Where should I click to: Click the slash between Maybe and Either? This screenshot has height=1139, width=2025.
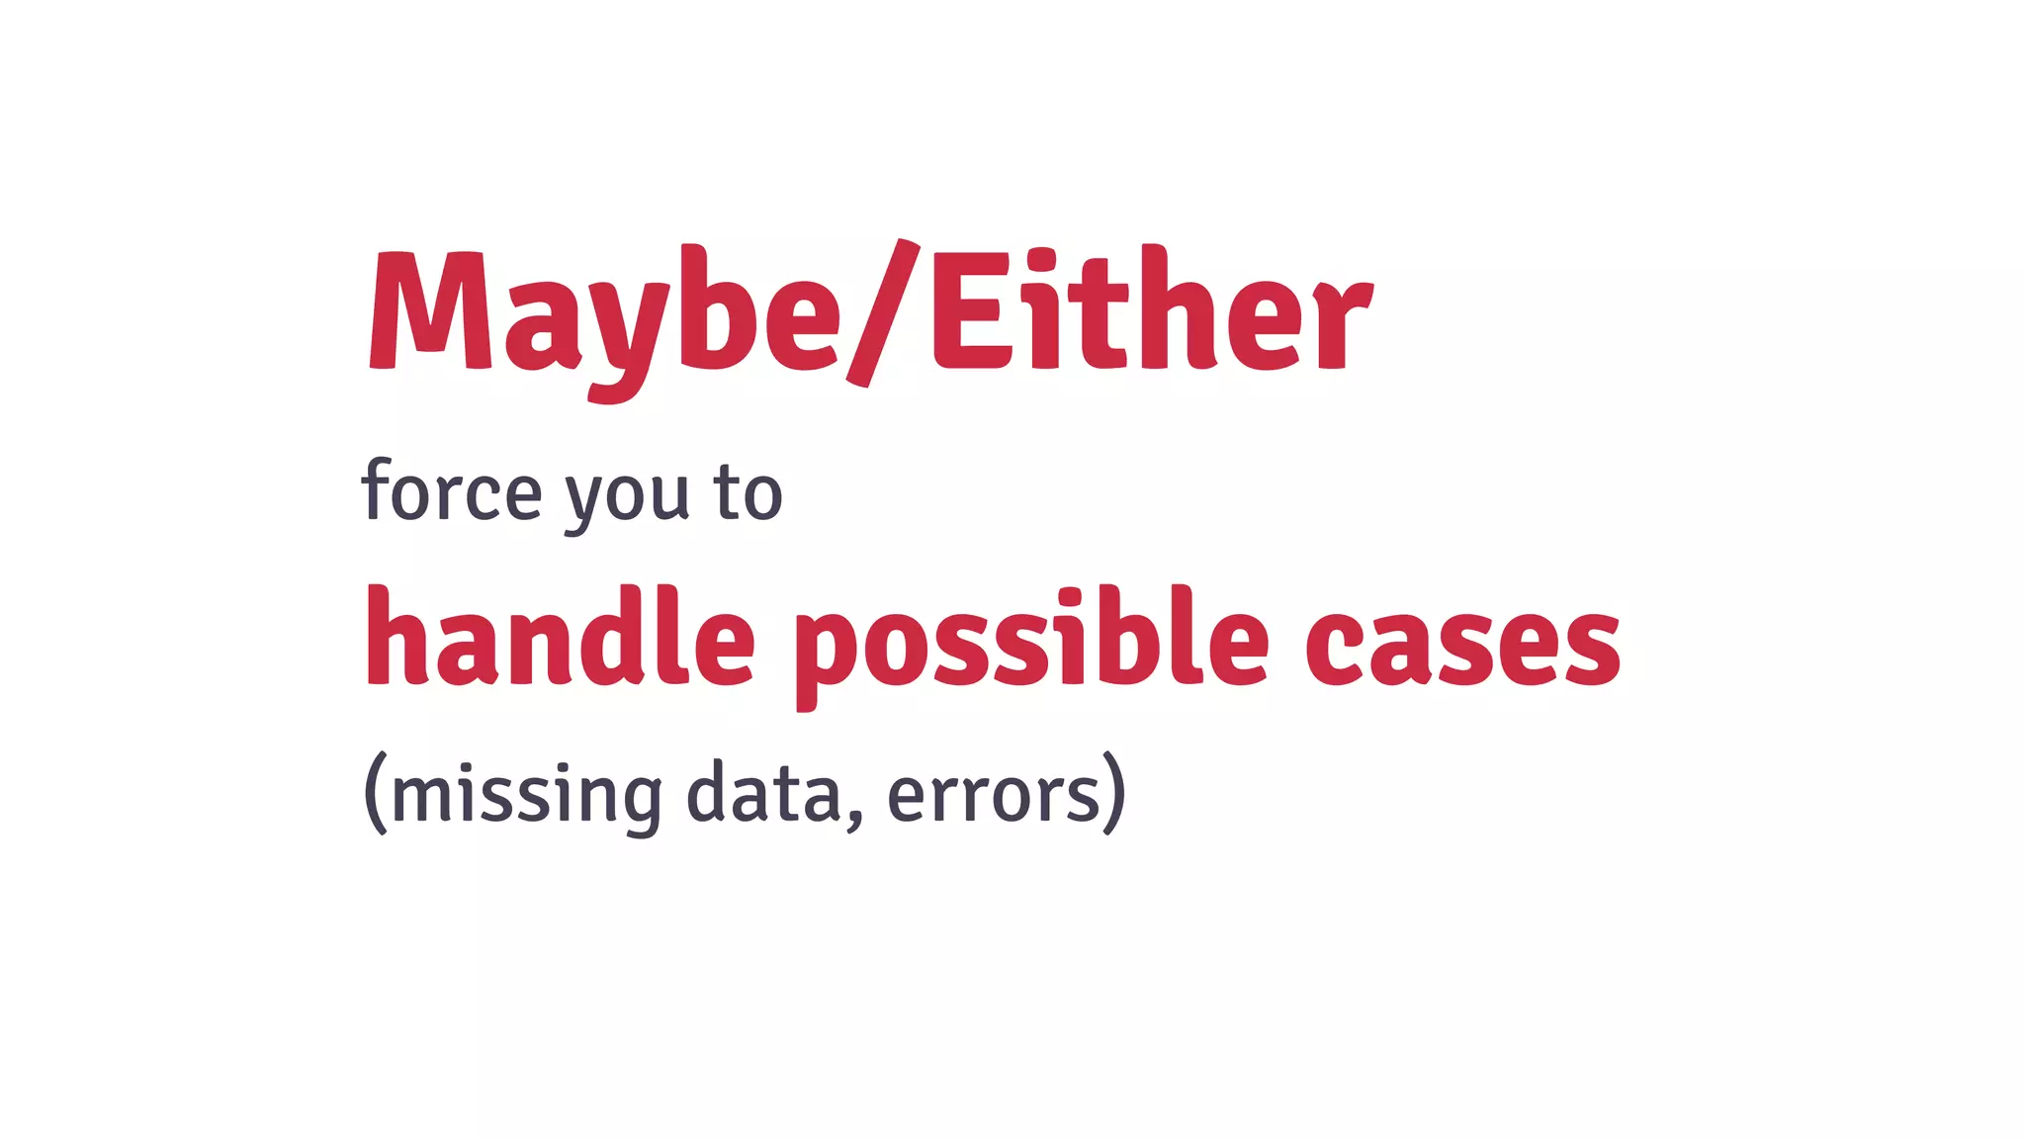[x=882, y=312]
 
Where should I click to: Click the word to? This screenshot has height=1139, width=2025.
[x=748, y=492]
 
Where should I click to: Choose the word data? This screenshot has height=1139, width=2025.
[x=763, y=791]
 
